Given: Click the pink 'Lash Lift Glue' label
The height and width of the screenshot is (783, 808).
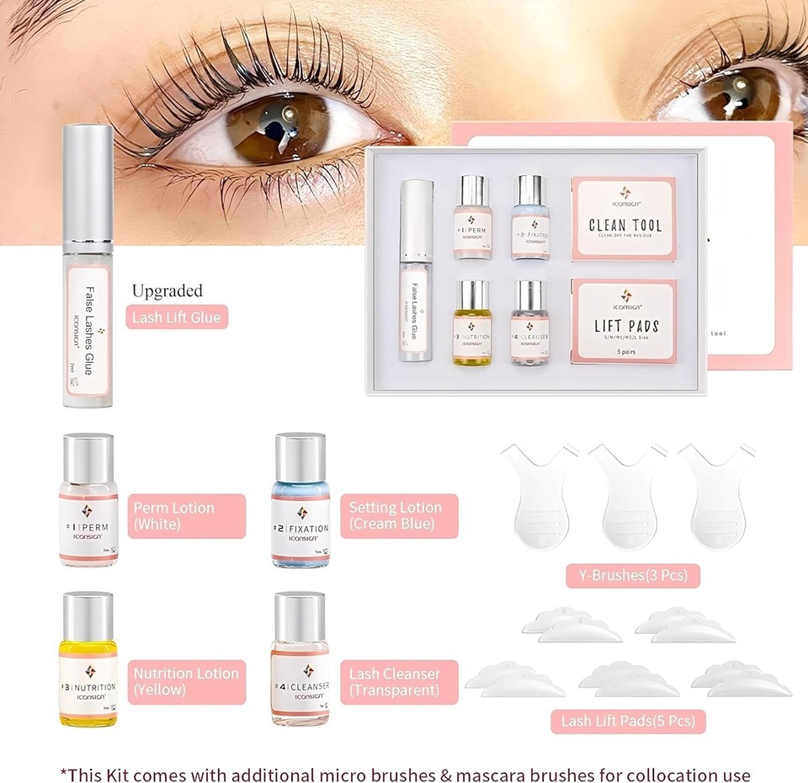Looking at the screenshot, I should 176,317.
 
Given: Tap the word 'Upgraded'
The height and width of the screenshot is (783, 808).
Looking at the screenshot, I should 167,291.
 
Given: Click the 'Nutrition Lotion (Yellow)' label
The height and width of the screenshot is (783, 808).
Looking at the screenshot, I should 186,682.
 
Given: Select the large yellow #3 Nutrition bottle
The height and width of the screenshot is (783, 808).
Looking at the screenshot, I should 88,661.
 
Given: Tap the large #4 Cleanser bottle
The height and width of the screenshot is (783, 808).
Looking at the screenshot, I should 300,661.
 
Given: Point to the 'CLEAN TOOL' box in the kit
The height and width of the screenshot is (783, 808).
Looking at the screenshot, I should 624,218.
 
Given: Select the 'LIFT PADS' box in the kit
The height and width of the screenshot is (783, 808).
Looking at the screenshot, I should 624,321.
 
